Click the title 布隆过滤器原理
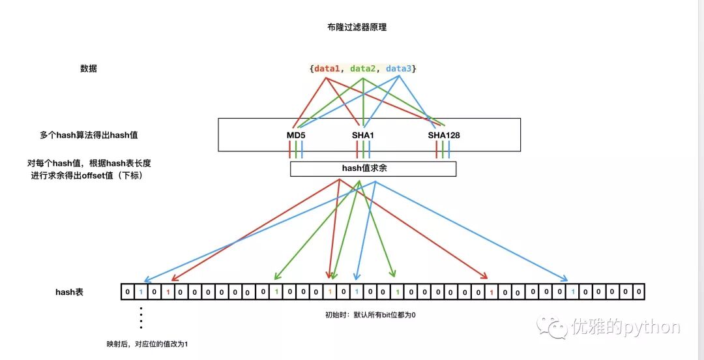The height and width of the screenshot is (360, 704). (x=352, y=27)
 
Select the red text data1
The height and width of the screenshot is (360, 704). (x=327, y=68)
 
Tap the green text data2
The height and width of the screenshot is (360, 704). (x=363, y=68)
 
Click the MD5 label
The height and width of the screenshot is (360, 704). (x=296, y=135)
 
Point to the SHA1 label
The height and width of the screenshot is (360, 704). (x=363, y=135)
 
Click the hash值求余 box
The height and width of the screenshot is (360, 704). (x=373, y=169)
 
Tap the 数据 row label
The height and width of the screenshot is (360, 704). (x=89, y=68)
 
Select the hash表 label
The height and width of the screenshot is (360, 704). (x=69, y=292)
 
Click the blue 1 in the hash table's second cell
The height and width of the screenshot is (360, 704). (x=141, y=292)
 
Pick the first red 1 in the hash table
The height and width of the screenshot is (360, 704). (x=168, y=292)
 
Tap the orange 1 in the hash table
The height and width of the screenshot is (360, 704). (x=330, y=292)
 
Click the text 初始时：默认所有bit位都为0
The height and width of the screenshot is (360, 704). (x=370, y=315)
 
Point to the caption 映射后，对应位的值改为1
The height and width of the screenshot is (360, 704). (x=151, y=343)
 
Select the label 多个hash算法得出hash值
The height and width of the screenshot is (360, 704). (x=90, y=135)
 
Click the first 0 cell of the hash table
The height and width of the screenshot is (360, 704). (x=128, y=292)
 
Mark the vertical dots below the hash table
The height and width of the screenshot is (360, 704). (x=141, y=318)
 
